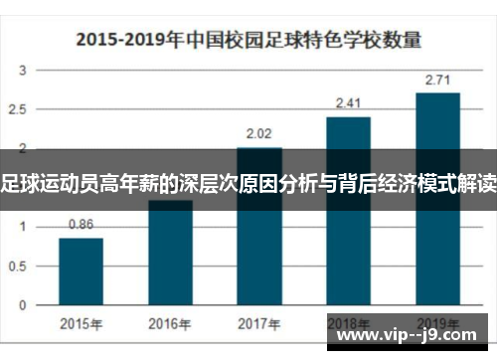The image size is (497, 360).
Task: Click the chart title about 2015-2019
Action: [248, 41]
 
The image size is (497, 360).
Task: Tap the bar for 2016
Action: [170, 254]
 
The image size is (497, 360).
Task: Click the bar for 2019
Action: [437, 199]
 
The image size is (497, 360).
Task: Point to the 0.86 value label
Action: [81, 225]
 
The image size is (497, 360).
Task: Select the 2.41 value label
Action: [348, 101]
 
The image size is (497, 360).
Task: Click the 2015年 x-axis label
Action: [81, 323]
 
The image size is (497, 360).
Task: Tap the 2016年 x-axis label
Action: [170, 323]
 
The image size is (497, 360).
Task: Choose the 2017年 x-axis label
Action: [259, 323]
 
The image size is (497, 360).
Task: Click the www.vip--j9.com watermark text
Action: [412, 335]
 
